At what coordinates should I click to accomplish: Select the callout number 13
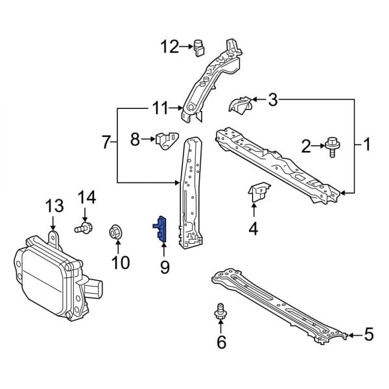(54, 206)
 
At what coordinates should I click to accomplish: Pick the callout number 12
(170, 46)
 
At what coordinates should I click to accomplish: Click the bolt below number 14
(84, 228)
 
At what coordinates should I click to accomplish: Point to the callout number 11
(160, 108)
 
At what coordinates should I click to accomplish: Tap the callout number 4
(253, 228)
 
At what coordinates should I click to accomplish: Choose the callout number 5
(368, 335)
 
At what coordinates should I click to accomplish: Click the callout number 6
(221, 342)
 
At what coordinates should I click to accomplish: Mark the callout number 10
(121, 262)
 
